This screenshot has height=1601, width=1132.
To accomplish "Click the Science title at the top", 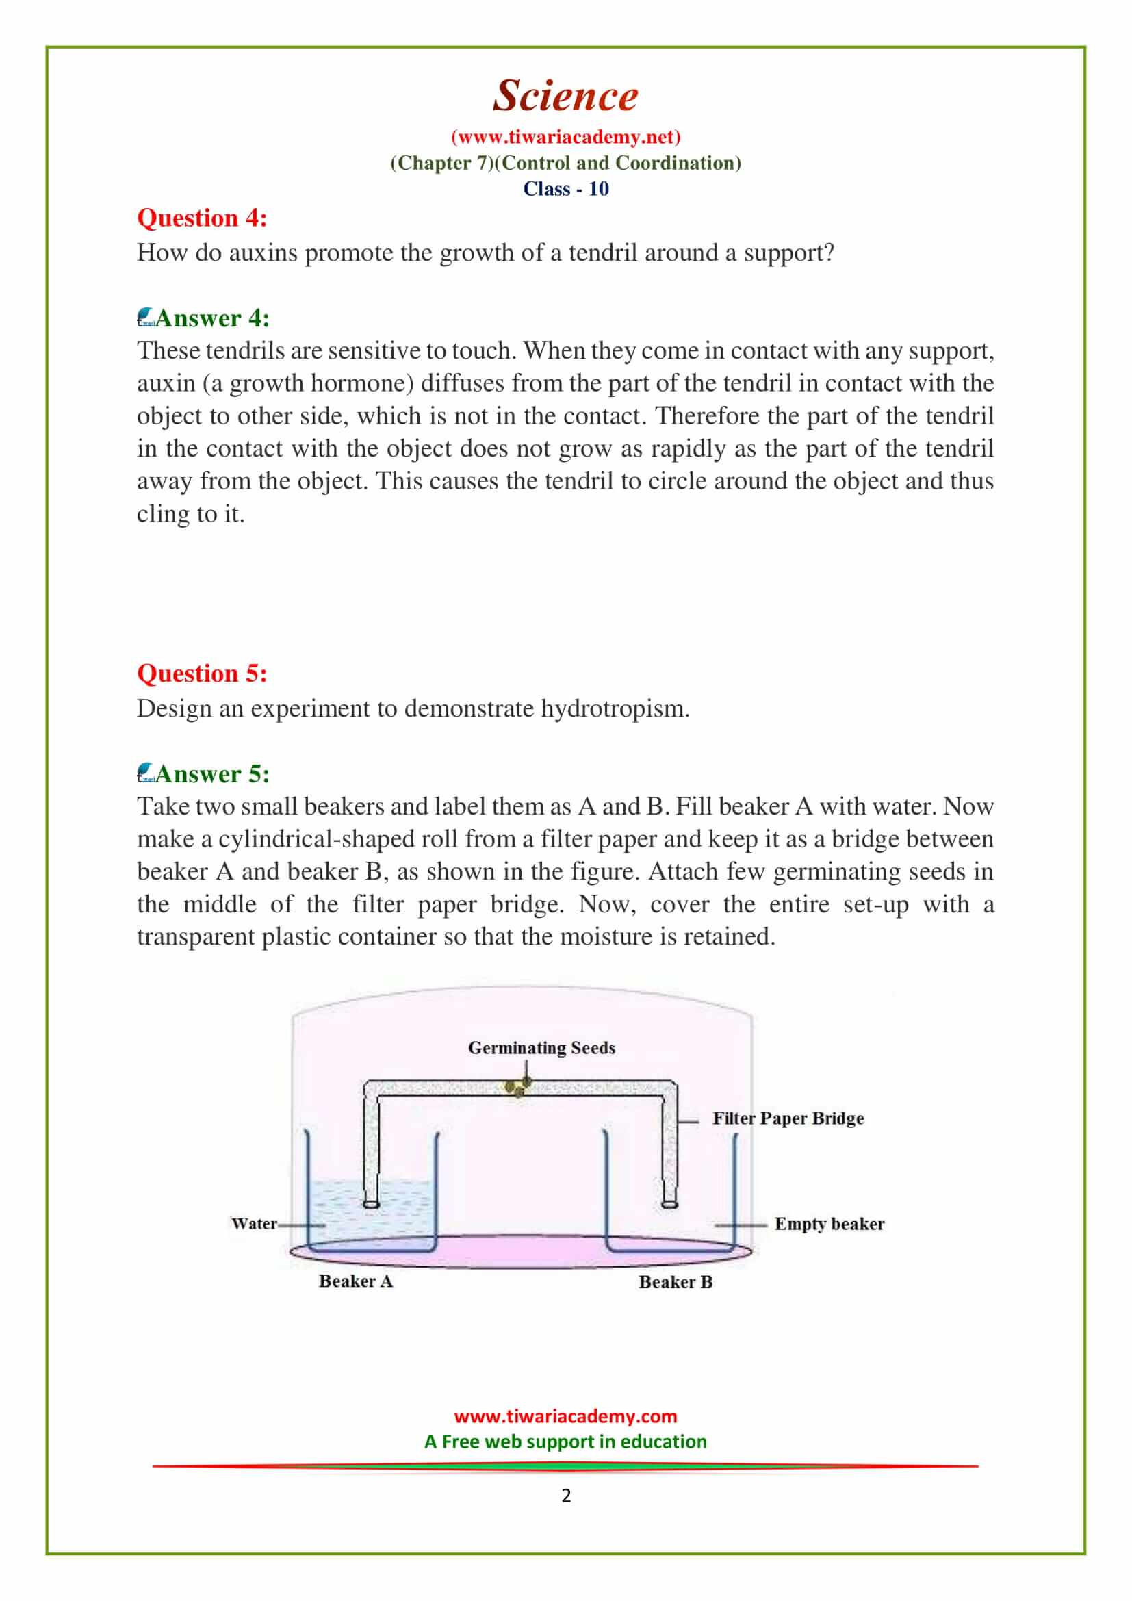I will [565, 96].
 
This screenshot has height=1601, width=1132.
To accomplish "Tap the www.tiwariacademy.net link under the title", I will [565, 137].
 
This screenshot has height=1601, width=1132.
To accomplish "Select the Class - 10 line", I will [565, 189].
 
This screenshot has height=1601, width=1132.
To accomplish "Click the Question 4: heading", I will [201, 218].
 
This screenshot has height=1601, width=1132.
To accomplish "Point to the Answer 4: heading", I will [212, 318].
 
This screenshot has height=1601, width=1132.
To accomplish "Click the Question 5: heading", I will [201, 674].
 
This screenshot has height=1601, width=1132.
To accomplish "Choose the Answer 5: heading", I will [212, 774].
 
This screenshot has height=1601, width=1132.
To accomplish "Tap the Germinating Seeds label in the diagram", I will [541, 1048].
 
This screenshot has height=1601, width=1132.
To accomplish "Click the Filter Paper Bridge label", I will [788, 1118].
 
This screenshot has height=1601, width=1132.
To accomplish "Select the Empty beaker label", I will [829, 1224].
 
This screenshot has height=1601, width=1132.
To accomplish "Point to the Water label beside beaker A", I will [254, 1224].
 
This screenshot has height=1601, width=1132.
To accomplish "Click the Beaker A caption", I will [355, 1281].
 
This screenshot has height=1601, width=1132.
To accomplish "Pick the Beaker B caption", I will [676, 1281].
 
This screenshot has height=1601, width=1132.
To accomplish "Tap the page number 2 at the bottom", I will [566, 1496].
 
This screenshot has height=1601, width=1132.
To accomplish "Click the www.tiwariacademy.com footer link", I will [565, 1416].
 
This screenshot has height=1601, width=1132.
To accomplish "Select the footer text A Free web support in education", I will [565, 1442].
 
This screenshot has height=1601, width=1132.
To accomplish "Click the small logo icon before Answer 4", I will [146, 318].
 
